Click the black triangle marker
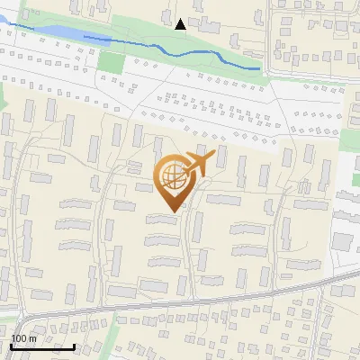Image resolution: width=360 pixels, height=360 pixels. point(180,24)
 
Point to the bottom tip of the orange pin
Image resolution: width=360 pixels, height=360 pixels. point(172,212)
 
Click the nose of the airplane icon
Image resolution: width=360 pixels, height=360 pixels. point(214,155)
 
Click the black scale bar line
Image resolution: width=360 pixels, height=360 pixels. point(42,346)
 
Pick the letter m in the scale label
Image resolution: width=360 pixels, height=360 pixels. point(33,338)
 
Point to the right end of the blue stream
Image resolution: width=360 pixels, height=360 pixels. point(260,68)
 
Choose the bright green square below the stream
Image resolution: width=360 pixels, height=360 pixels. point(110,63)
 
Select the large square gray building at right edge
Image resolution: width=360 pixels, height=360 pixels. point(342,241)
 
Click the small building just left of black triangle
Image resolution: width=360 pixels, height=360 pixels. point(167,15)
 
